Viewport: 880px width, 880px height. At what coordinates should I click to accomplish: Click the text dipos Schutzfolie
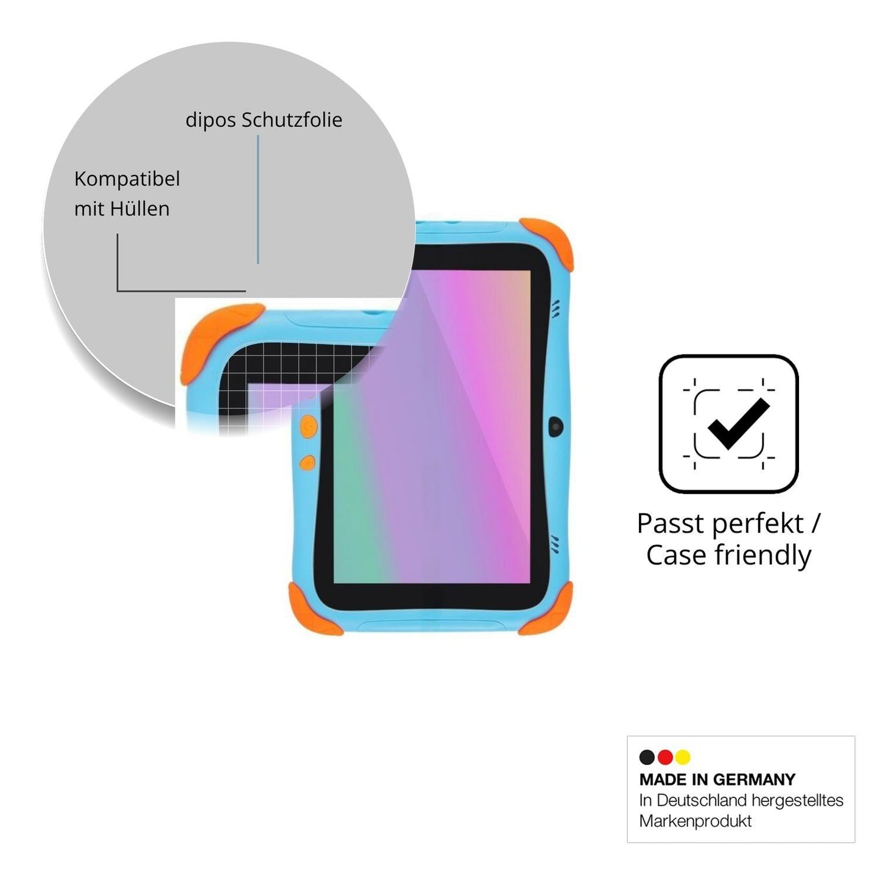coord(264,120)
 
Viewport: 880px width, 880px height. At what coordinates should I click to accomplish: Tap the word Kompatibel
coord(127,179)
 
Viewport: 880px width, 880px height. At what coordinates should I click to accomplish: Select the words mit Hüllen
coord(122,209)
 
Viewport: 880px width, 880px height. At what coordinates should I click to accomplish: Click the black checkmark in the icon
coord(738,423)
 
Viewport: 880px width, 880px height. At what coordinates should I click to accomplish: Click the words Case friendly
coord(729,556)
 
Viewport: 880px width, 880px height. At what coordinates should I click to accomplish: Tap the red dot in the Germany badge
coord(665,757)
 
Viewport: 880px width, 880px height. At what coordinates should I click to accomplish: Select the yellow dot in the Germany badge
coord(683,757)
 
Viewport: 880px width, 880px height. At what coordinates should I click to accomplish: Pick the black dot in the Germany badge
coord(647,757)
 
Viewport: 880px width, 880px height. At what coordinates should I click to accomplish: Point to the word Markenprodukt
coord(695,821)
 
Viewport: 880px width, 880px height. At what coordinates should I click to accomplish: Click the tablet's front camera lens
coord(555,426)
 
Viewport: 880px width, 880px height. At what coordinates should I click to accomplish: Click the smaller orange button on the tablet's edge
coord(307,463)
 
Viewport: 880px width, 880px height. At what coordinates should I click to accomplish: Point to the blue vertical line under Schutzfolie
coord(258,199)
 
